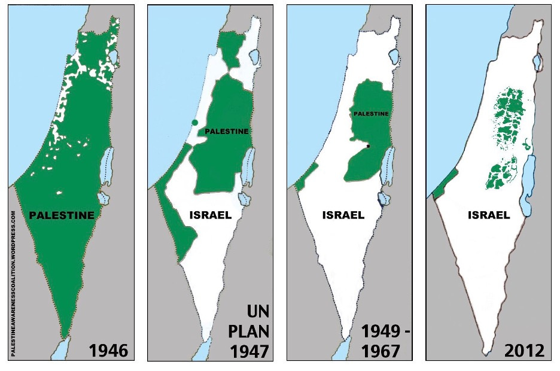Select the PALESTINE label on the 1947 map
click(227, 131)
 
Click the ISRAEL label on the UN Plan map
click(210, 215)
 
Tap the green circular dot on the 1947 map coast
click(194, 123)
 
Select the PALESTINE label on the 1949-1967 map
click(371, 114)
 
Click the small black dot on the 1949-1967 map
click(369, 146)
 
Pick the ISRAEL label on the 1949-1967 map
click(343, 215)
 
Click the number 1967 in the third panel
click(380, 351)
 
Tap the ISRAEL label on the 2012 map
click(489, 215)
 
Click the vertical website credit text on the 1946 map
click(13, 281)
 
